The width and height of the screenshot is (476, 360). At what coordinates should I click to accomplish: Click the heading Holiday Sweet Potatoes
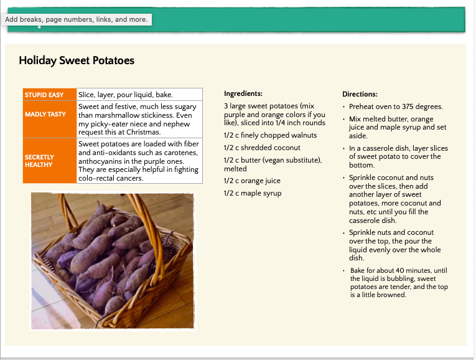click(77, 60)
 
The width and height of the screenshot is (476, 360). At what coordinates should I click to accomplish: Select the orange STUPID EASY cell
click(49, 95)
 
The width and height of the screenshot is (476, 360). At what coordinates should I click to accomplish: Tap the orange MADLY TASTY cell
click(49, 115)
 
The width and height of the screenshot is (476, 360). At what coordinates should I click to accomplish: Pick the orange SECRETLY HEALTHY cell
click(49, 161)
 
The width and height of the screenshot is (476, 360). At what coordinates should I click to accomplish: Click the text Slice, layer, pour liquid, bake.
click(125, 95)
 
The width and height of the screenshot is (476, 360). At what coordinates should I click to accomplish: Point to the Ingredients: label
click(243, 93)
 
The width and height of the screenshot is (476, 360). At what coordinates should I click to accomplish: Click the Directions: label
click(360, 94)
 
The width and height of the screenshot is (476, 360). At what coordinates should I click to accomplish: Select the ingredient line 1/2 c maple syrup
click(252, 193)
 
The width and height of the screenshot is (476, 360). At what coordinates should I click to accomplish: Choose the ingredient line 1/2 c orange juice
click(252, 181)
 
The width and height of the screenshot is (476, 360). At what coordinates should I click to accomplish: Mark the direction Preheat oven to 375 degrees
click(396, 107)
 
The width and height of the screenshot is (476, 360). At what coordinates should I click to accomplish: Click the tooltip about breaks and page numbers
click(77, 19)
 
